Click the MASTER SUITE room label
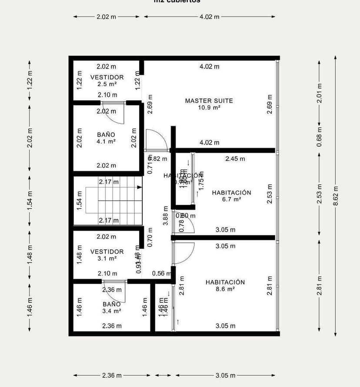click(x=209, y=101)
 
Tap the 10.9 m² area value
click(x=209, y=108)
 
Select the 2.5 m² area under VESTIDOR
click(x=107, y=84)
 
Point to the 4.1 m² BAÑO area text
click(x=106, y=142)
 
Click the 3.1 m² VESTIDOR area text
click(x=107, y=258)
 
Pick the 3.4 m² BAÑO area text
click(x=112, y=311)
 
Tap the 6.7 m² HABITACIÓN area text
click(x=231, y=199)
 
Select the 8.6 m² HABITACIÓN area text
click(x=225, y=289)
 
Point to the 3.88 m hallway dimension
click(x=165, y=215)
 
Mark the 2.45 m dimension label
click(x=235, y=159)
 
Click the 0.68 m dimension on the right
click(x=320, y=136)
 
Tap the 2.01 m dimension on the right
click(x=320, y=93)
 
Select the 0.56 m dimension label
click(x=161, y=273)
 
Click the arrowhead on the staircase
click(x=140, y=187)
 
